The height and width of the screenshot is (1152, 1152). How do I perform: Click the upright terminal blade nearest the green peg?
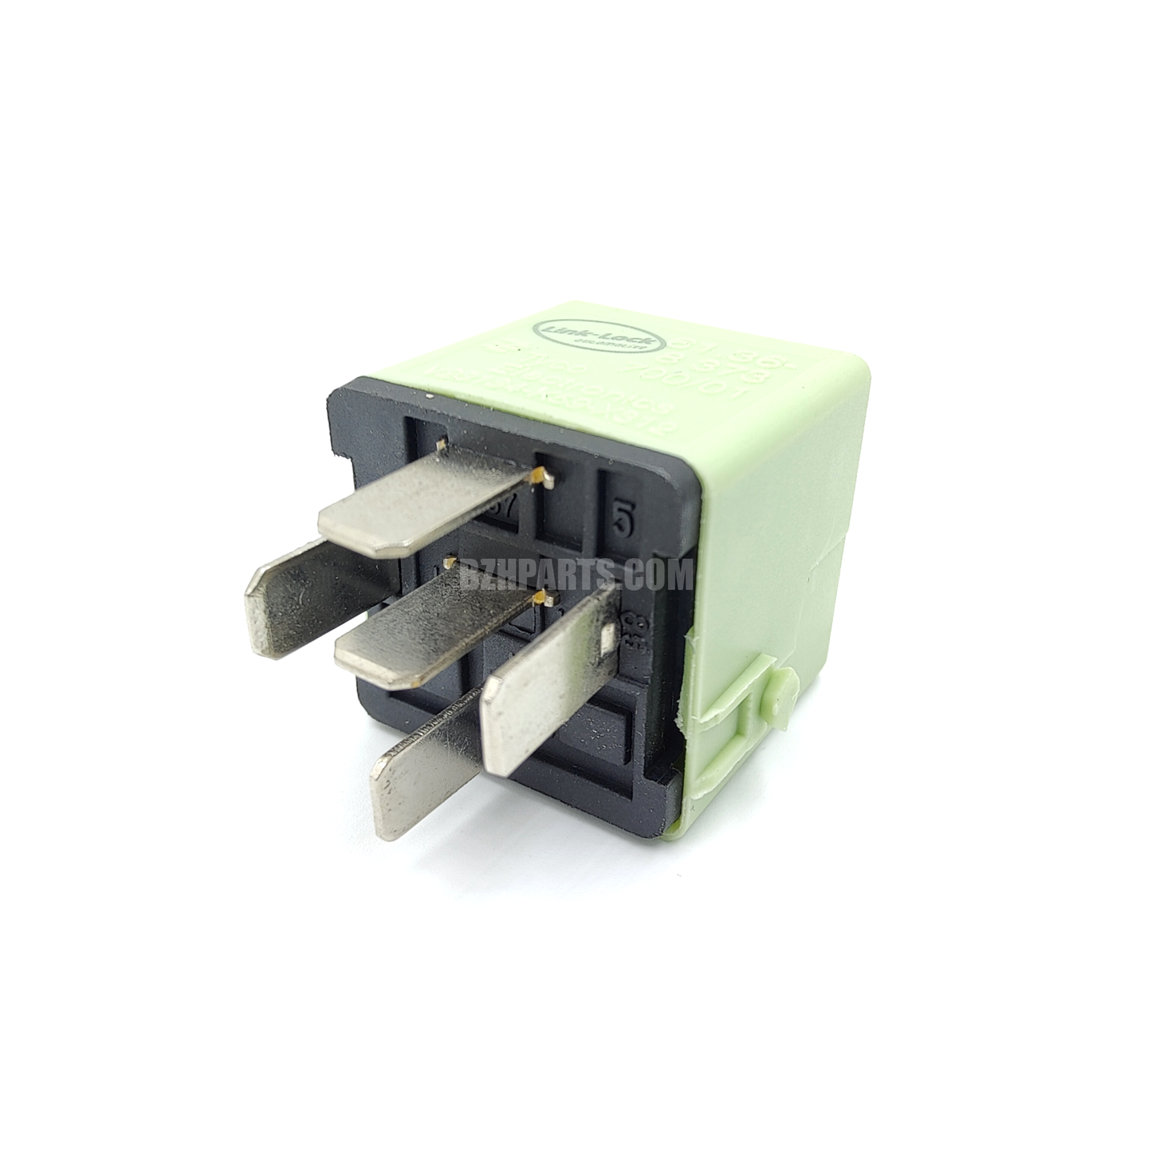click(x=550, y=678)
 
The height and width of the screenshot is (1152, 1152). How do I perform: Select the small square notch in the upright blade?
click(x=608, y=640)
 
